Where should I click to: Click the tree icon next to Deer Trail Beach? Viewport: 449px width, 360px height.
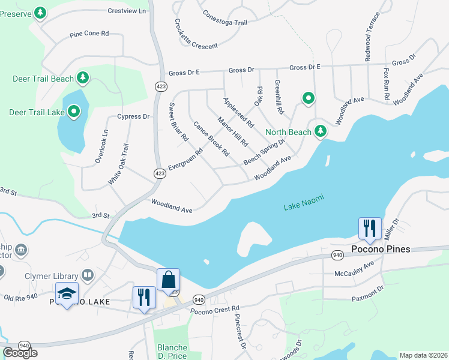pos(83,78)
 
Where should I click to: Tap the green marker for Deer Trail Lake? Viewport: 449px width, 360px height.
pos(74,111)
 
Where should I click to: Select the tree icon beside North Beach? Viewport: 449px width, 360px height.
pos(321,131)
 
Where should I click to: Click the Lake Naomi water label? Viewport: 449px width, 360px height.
pos(301,207)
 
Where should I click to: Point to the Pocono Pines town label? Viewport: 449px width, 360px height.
pos(380,248)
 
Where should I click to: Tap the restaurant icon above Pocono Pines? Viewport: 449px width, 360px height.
pos(370,228)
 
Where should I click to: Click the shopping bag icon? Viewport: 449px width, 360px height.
pos(168,280)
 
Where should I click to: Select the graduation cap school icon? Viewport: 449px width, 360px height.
pos(67,293)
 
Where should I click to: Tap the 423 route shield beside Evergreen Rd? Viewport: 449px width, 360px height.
pos(159,173)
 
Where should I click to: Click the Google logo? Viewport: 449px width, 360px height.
pos(20,353)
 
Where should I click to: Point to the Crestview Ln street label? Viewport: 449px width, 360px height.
pos(127,11)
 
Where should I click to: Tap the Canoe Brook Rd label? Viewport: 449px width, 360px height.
pos(211,139)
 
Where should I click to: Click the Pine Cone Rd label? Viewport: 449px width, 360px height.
pos(89,34)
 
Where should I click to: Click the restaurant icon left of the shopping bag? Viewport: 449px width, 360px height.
pos(143,298)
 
